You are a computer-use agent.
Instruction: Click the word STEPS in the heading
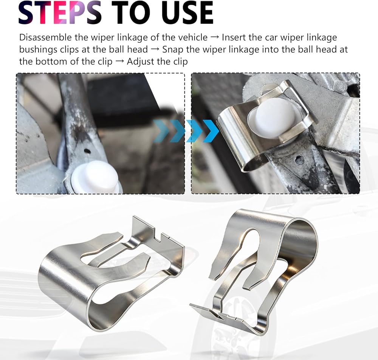tap(60, 12)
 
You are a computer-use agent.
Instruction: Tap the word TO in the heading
tap(131, 12)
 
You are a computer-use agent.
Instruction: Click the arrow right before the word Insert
tap(215, 38)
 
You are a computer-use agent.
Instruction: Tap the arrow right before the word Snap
tap(155, 50)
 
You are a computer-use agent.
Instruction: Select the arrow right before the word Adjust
tap(120, 62)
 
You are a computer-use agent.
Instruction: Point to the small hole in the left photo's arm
tap(87, 151)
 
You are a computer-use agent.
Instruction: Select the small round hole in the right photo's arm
tap(299, 159)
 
